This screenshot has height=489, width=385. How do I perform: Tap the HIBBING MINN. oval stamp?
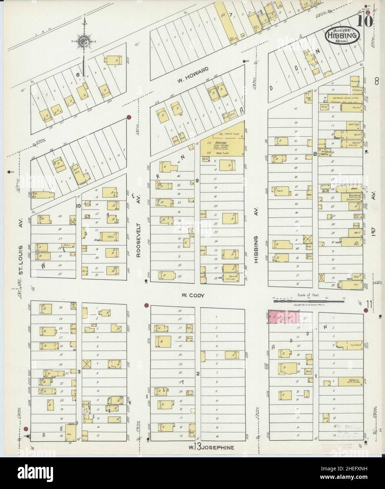click(x=342, y=36)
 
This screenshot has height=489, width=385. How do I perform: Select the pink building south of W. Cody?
click(x=284, y=317)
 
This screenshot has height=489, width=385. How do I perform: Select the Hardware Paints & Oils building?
click(x=341, y=98)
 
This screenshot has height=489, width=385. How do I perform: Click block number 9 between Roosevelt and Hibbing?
click(x=197, y=180)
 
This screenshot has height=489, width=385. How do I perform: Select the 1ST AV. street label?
click(x=374, y=232)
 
